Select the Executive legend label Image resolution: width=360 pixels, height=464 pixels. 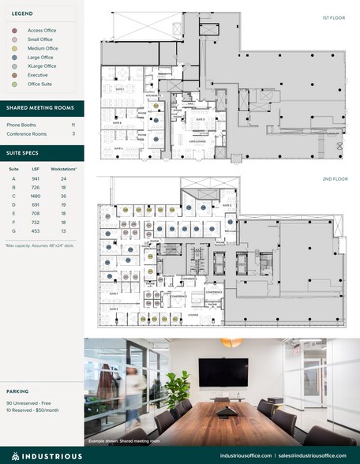(37, 75)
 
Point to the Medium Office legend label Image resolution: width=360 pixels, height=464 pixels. (41, 48)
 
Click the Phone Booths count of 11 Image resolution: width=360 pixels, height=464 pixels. (73, 125)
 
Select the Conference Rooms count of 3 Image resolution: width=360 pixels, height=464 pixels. (73, 133)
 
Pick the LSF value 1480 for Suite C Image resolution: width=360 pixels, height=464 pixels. (36, 196)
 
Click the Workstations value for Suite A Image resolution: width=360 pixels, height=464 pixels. (62, 178)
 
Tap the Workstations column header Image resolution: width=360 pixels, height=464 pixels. (63, 168)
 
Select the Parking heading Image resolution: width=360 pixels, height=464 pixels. (18, 391)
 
